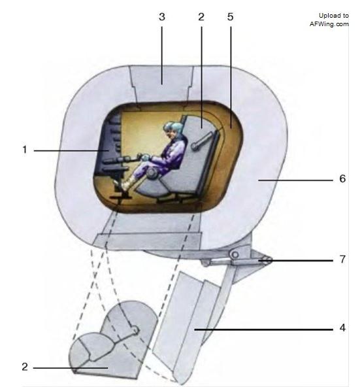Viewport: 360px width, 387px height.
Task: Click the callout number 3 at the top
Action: click(x=162, y=17)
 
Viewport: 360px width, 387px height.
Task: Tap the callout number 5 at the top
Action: click(x=230, y=17)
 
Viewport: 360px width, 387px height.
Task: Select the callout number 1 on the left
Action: click(x=24, y=150)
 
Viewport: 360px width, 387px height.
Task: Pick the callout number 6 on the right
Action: click(x=342, y=178)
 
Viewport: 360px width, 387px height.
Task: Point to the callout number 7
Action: click(x=342, y=259)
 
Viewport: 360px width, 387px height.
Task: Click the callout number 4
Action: click(x=342, y=328)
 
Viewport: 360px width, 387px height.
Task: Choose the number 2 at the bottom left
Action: click(x=25, y=367)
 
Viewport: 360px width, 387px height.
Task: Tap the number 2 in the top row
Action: click(x=201, y=17)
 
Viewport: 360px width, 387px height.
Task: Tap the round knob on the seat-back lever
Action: click(x=195, y=146)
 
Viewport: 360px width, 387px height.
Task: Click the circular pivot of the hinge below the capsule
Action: click(x=235, y=254)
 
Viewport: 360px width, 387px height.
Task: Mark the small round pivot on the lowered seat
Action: click(x=135, y=330)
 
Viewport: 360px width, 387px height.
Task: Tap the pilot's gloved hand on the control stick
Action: click(x=145, y=158)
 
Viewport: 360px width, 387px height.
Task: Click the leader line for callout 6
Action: click(x=295, y=180)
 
